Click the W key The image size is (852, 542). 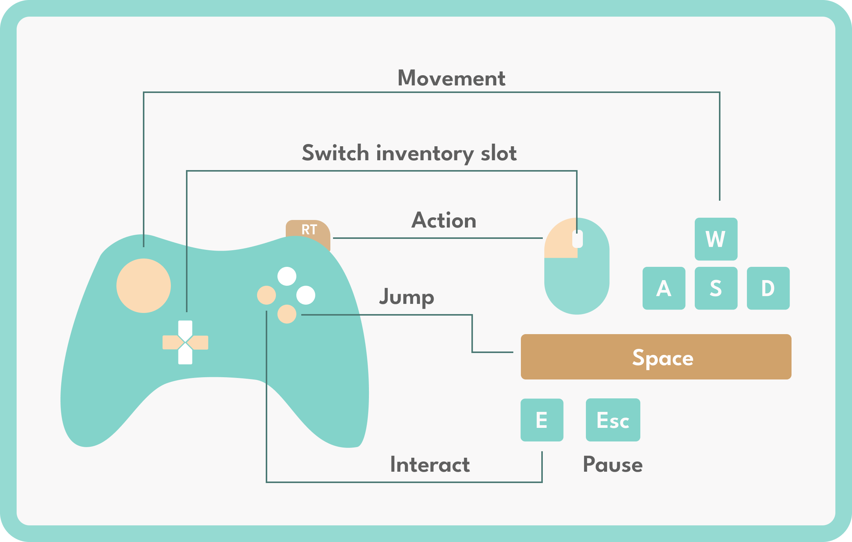tap(716, 239)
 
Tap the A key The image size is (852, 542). tap(664, 288)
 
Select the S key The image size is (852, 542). tap(716, 288)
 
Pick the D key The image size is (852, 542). tap(768, 288)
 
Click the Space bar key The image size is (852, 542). tap(656, 357)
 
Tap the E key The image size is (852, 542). tap(542, 420)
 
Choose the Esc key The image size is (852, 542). tap(613, 420)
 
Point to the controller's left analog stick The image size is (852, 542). tap(144, 286)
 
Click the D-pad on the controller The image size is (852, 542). tap(185, 342)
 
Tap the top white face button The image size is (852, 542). tap(287, 276)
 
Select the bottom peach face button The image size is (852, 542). tap(287, 314)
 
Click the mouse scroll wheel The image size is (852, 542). tap(577, 239)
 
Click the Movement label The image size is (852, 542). tap(451, 78)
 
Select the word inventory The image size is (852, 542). tap(425, 153)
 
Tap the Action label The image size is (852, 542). tap(444, 220)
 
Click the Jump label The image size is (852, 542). tap(407, 297)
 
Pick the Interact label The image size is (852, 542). tap(430, 465)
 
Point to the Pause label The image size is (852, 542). tap(613, 465)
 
